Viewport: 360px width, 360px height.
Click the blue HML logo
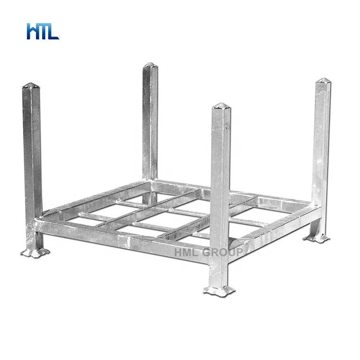(43, 31)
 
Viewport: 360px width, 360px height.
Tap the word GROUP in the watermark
(227, 252)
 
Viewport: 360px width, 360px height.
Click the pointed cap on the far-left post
(32, 85)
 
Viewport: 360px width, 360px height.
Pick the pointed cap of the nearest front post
(221, 106)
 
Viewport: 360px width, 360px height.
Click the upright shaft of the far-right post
(321, 144)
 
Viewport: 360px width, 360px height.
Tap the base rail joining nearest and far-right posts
(269, 230)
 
